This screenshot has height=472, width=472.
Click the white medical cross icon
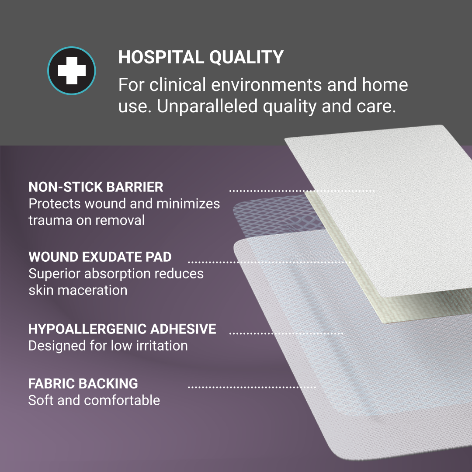[x=71, y=71]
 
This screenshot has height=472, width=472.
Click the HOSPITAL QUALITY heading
[x=201, y=57]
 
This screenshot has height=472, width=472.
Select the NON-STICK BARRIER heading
[x=96, y=187]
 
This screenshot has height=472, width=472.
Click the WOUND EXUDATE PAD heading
[x=100, y=257]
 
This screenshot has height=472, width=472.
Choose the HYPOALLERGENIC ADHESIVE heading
[x=122, y=329]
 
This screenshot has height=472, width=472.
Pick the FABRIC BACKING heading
[x=83, y=384]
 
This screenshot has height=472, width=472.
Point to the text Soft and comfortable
[x=94, y=400]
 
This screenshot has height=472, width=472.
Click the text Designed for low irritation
[x=108, y=346]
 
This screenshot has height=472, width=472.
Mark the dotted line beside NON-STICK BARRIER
[x=302, y=191]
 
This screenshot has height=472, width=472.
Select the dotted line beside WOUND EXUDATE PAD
[x=269, y=262]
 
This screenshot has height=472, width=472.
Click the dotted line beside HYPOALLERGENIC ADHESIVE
[x=286, y=333]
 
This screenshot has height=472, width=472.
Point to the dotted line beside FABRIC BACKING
[x=251, y=387]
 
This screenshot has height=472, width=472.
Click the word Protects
[x=55, y=204]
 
